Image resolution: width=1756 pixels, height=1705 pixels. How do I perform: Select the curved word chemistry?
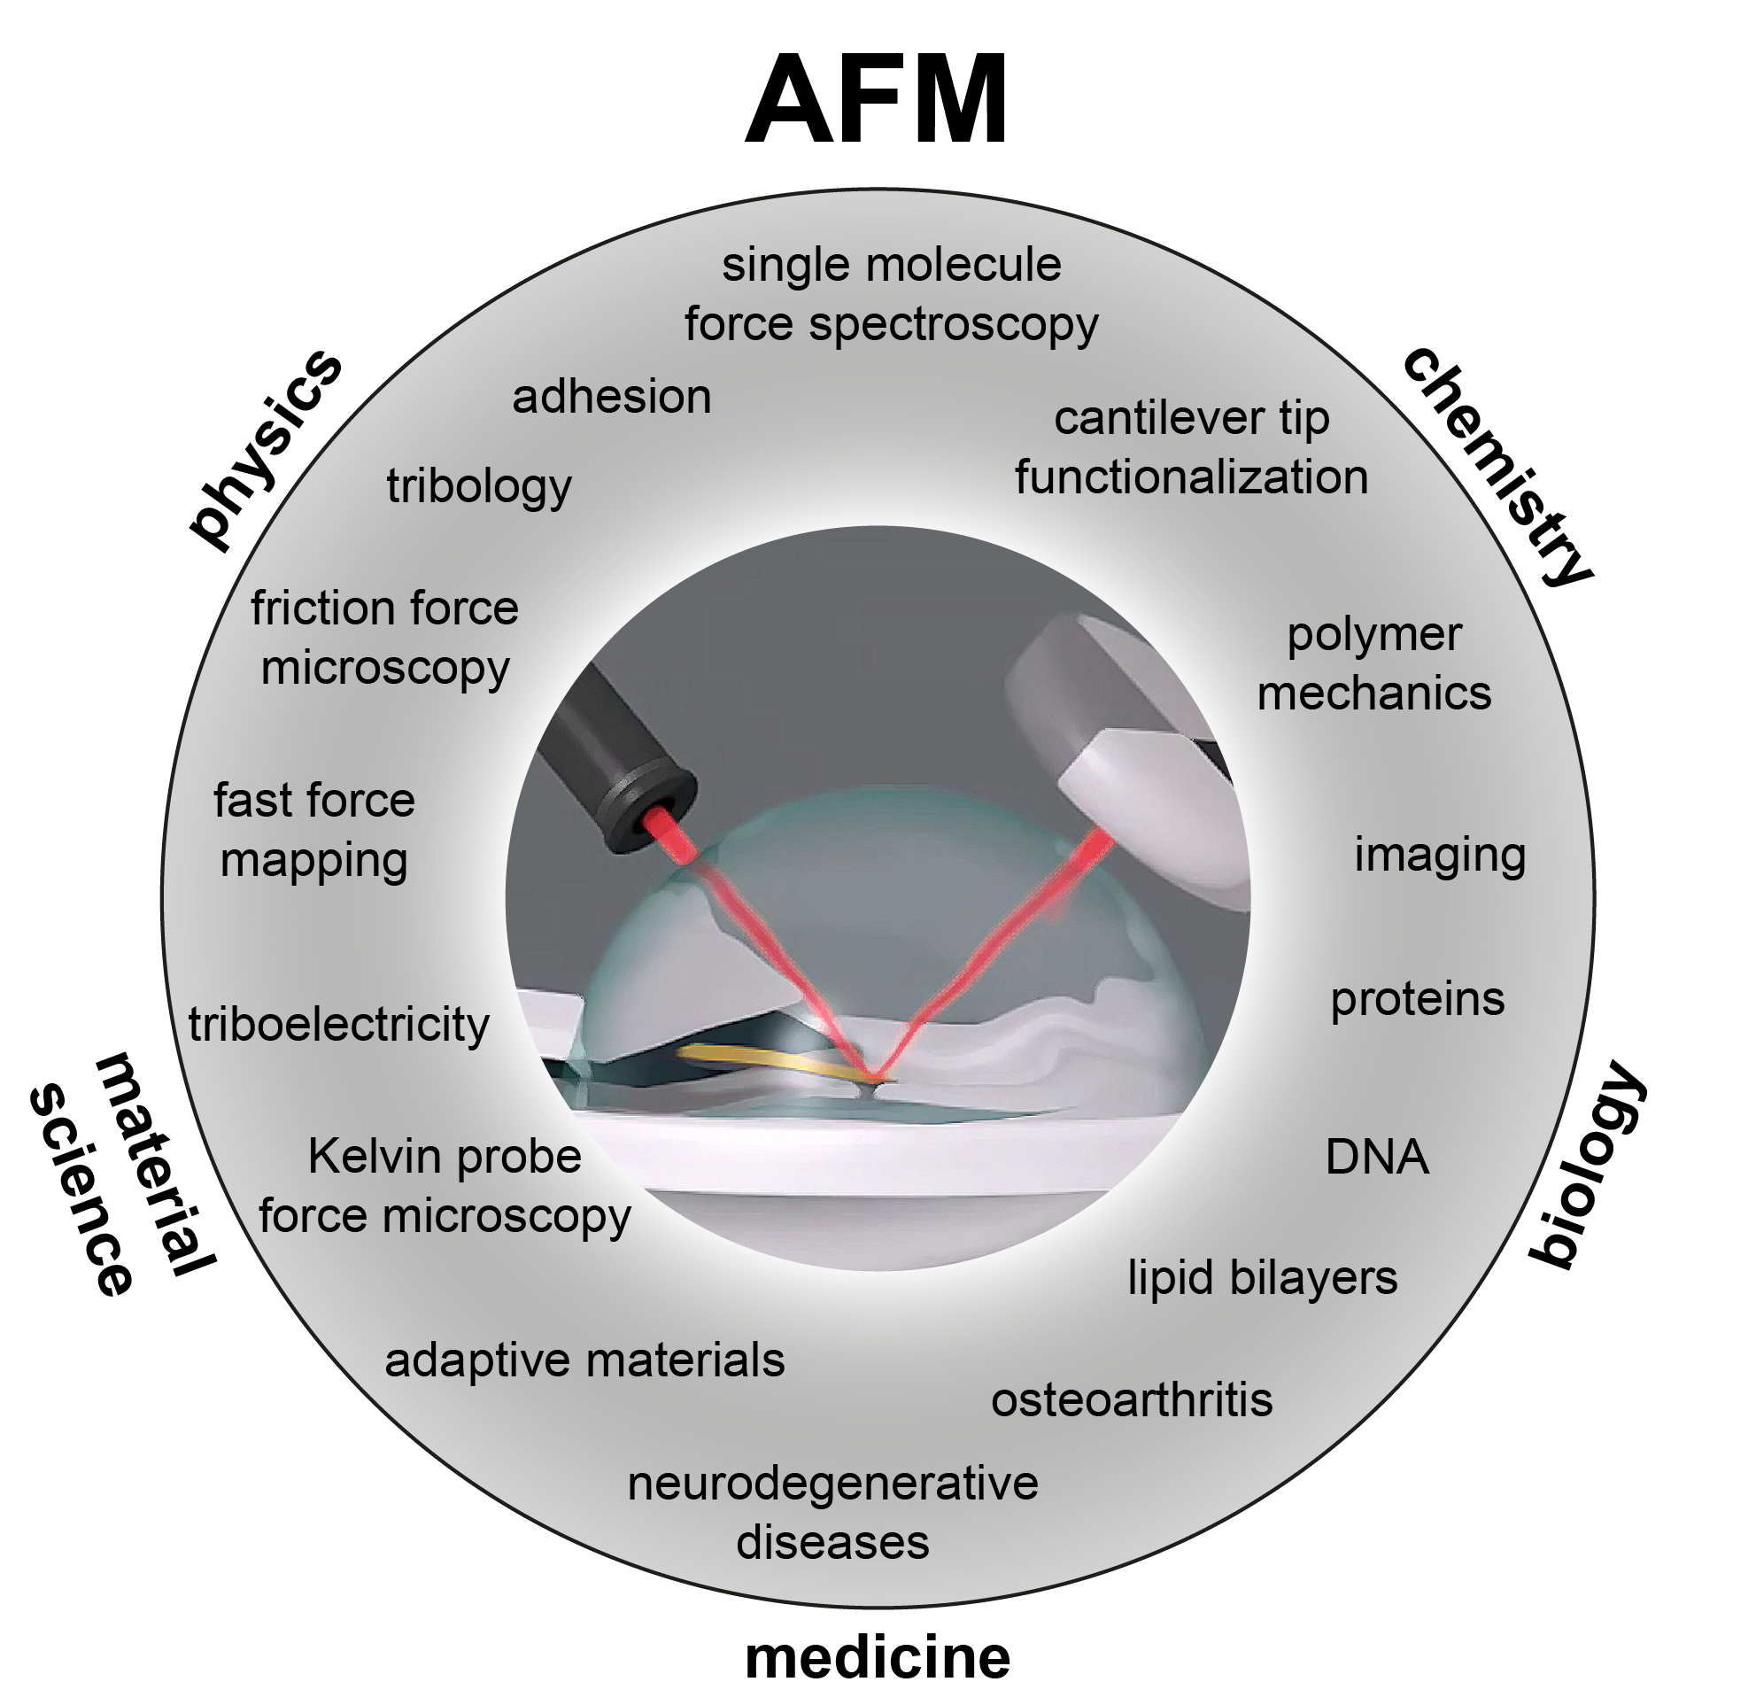pos(1498,466)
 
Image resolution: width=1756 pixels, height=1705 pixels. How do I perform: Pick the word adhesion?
pos(612,397)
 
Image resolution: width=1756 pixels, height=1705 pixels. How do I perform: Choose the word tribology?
pos(479,487)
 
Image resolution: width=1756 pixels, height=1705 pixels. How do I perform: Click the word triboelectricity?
pos(338,1024)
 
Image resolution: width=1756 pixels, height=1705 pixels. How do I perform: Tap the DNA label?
pos(1376,1157)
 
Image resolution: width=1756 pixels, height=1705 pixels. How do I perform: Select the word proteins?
pos(1418,1000)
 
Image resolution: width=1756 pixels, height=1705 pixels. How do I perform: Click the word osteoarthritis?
pos(1132,1399)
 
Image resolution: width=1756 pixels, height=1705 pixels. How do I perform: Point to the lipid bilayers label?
pos(1262,1277)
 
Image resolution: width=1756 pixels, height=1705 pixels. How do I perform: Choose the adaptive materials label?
pos(584,1360)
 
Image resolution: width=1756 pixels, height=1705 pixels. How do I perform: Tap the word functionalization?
pos(1192,477)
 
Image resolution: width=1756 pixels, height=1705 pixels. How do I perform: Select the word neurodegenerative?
pos(832,1483)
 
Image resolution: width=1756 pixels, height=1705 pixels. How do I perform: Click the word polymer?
pos(1374,635)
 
